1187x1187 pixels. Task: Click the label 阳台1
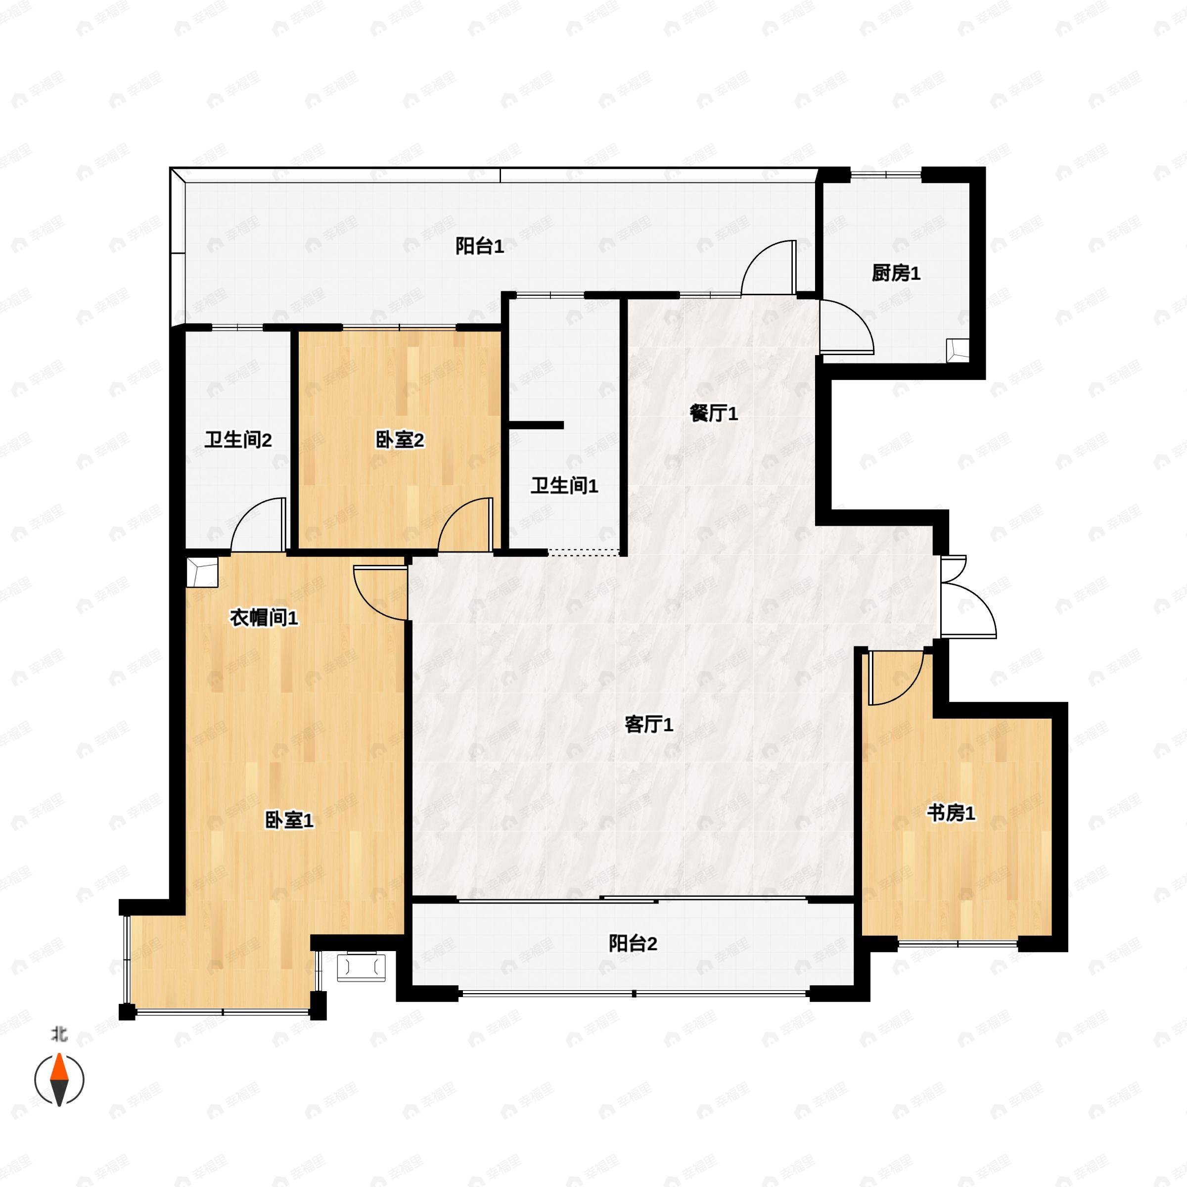(479, 247)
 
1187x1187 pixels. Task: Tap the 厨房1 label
(896, 274)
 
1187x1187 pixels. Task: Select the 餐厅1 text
(713, 413)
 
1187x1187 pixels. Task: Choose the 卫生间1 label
(564, 486)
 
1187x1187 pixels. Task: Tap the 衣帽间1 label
(264, 618)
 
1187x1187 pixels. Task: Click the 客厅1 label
(649, 725)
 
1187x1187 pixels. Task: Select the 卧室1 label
(289, 820)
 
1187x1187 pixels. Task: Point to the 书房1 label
(951, 814)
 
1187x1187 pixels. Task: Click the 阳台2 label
(633, 943)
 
